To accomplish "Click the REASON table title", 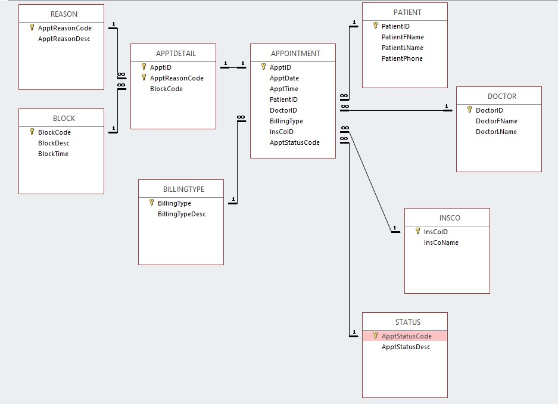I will [x=64, y=14].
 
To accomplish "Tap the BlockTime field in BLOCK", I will [x=53, y=154].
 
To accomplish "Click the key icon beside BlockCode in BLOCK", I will [x=32, y=132].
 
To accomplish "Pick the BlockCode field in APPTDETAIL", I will [x=166, y=89].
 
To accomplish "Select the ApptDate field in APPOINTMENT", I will [x=284, y=78].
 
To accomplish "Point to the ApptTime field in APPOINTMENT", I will [x=284, y=89].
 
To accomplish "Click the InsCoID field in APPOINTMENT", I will [x=282, y=132].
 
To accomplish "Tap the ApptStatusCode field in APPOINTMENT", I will [x=294, y=142].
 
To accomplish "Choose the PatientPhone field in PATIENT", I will [x=402, y=58].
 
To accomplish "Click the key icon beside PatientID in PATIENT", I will [x=376, y=26].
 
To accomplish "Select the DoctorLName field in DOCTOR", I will [x=496, y=132].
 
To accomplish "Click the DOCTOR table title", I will [x=502, y=96].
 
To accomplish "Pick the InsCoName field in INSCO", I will [x=441, y=243].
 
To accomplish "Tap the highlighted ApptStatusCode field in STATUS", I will [x=406, y=336].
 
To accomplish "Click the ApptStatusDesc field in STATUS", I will [x=406, y=347].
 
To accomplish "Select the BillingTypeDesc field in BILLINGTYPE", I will [x=182, y=214].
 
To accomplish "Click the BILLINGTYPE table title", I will [x=183, y=189].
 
